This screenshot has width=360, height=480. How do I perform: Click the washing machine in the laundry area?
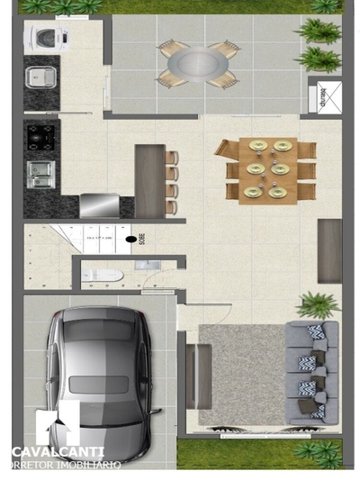[41, 37]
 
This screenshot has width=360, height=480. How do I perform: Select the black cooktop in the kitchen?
[41, 137]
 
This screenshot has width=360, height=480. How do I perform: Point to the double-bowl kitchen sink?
[40, 172]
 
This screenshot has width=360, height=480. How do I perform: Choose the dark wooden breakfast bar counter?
[148, 180]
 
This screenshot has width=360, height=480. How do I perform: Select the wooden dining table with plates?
[269, 170]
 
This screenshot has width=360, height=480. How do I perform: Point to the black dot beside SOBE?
[131, 240]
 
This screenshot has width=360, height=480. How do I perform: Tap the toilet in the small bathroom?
[101, 275]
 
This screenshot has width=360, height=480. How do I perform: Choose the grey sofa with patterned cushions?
[311, 370]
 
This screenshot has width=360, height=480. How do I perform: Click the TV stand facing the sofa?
[199, 376]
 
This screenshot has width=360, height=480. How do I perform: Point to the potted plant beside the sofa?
[316, 304]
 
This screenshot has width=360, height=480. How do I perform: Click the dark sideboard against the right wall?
[329, 250]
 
